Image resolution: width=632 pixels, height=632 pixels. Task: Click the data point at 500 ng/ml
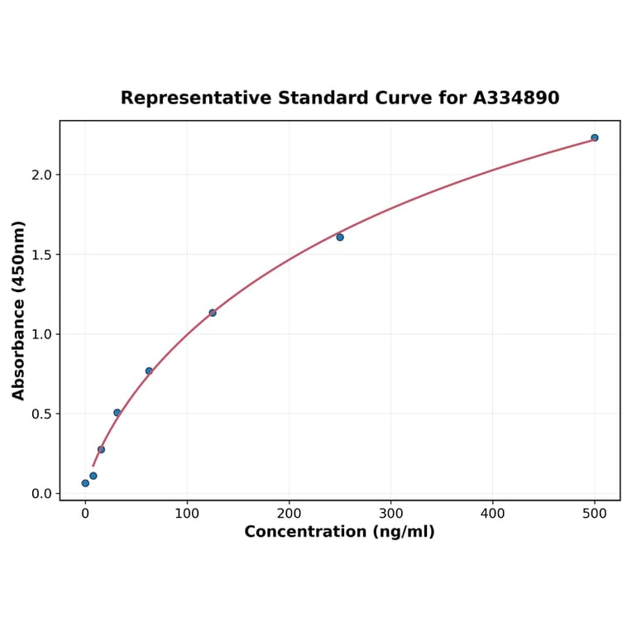click(x=595, y=137)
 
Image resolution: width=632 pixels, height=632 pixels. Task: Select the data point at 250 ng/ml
click(x=340, y=237)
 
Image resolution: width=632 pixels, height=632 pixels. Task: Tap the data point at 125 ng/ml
click(x=213, y=313)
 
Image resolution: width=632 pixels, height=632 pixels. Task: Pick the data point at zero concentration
click(x=85, y=483)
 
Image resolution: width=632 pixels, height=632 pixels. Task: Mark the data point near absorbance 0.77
click(x=149, y=371)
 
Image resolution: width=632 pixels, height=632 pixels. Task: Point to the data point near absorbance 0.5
click(x=117, y=413)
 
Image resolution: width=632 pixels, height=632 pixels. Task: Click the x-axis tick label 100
click(x=187, y=514)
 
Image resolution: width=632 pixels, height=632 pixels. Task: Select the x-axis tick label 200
click(x=289, y=514)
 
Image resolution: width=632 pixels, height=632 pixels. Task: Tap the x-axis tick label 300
click(x=391, y=514)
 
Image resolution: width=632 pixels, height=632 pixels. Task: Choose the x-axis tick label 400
click(x=493, y=514)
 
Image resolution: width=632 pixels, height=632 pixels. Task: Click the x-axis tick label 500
click(x=595, y=514)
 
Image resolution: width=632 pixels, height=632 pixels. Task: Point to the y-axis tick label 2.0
click(x=41, y=175)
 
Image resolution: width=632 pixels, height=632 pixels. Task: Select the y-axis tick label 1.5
click(x=41, y=255)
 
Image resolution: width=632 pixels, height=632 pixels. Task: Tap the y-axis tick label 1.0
click(x=41, y=334)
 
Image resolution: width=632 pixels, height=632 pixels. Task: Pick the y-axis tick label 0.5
click(x=41, y=414)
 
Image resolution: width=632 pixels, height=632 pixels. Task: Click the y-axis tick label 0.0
click(x=41, y=494)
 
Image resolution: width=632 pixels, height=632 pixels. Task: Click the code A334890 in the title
click(x=516, y=98)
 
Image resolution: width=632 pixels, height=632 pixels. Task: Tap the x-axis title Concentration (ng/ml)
click(x=339, y=532)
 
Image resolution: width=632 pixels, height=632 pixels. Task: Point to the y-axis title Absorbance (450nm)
click(x=18, y=310)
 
